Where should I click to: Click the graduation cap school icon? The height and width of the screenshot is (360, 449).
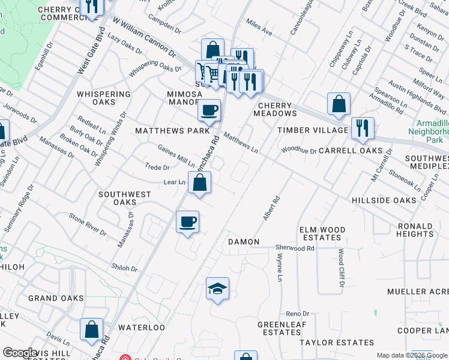217,289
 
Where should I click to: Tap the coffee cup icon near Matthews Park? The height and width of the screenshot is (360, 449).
209,110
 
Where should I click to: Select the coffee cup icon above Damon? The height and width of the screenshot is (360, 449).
188,222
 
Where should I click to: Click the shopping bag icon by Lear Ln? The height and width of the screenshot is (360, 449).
200,183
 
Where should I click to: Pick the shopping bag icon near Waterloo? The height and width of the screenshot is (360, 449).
91,329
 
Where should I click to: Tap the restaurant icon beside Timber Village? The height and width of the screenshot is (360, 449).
363,128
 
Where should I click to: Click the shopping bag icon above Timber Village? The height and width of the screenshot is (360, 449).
339,104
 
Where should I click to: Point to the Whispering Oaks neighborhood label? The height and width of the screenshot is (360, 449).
104,98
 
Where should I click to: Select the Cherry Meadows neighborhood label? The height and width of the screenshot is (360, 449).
277,109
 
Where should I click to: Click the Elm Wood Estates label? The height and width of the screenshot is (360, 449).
323,233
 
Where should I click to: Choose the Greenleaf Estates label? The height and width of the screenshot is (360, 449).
279,328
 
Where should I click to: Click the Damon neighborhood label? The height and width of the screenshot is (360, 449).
244,242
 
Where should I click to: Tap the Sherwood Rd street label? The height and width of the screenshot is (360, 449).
295,248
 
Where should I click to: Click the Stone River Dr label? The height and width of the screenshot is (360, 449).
88,224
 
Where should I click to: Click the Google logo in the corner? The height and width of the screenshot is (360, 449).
19,353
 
